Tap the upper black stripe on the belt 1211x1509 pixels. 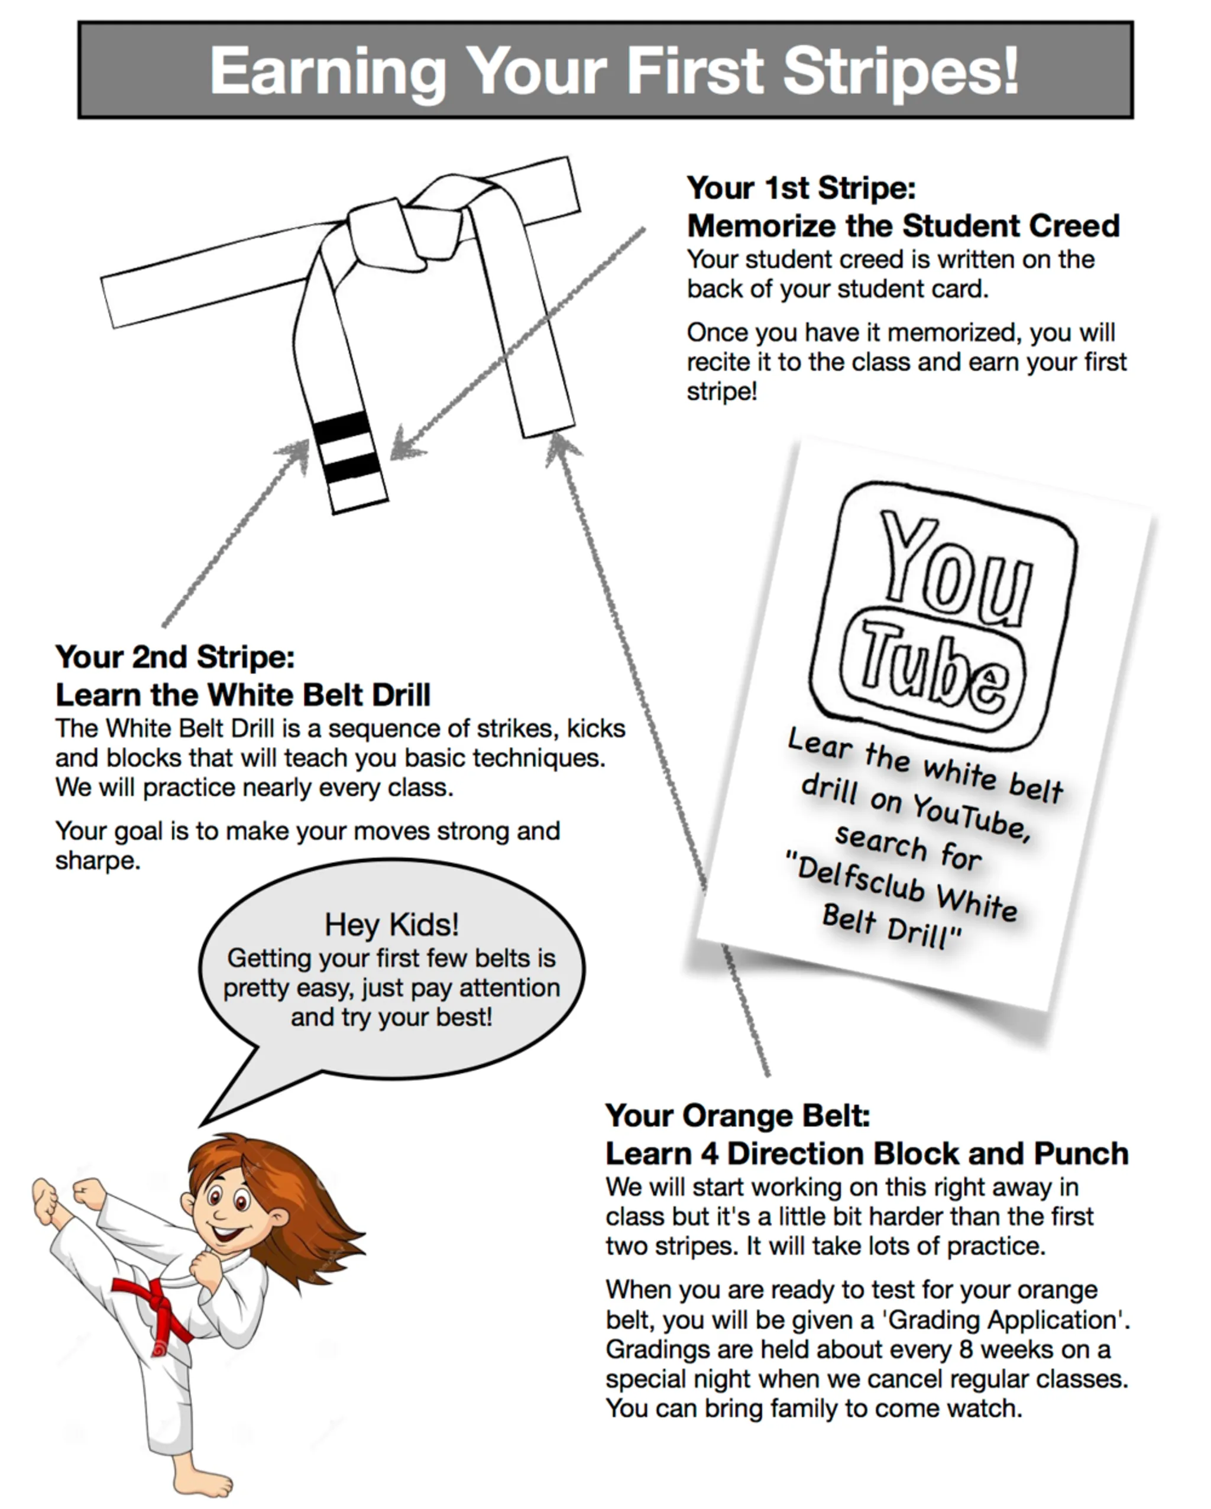click(x=342, y=427)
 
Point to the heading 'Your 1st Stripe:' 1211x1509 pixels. click(x=801, y=188)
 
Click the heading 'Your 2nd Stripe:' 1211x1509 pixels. click(x=175, y=657)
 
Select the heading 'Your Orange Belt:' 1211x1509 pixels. click(x=737, y=1116)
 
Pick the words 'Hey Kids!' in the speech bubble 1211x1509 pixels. click(x=391, y=925)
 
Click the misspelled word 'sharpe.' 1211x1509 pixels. click(x=98, y=861)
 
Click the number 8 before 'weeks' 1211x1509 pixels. click(x=966, y=1349)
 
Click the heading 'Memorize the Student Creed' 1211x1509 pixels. click(x=903, y=226)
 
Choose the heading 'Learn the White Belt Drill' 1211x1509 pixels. click(x=243, y=695)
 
